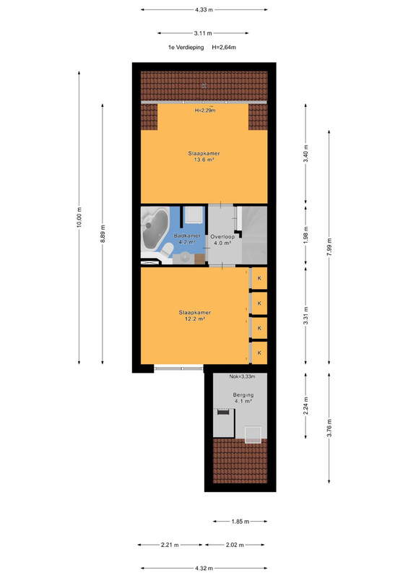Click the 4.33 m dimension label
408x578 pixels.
[x=204, y=10]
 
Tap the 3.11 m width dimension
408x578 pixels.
[x=203, y=33]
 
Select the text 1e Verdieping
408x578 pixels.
[x=186, y=47]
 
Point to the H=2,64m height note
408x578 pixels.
[x=224, y=47]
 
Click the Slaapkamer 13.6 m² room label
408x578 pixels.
[x=204, y=157]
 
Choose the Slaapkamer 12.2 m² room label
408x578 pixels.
[x=195, y=316]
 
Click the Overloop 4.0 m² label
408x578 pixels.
[x=222, y=240]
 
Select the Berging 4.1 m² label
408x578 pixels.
[x=243, y=398]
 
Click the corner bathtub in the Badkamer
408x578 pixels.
[x=155, y=228]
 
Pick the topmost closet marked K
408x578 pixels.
[x=259, y=278]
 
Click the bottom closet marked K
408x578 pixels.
[x=259, y=353]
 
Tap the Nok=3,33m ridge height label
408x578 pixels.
[x=242, y=376]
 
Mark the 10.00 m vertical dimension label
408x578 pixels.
[x=79, y=217]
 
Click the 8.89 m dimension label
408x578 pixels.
[x=103, y=233]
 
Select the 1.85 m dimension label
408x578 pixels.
[x=240, y=522]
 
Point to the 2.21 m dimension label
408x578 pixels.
[x=170, y=545]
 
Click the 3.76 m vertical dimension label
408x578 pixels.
[x=329, y=428]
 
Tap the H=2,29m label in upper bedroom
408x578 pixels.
[x=205, y=111]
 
